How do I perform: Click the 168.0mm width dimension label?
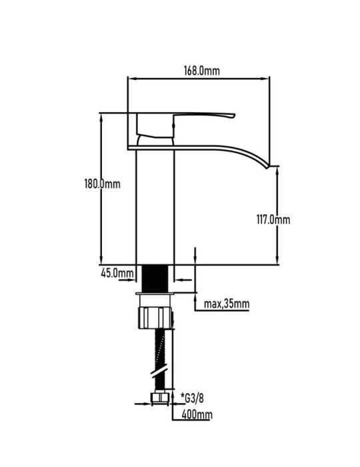pos(202,71)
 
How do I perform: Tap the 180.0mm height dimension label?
pos(103,183)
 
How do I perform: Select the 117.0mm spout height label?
pos(273,219)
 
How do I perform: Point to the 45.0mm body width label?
pos(117,273)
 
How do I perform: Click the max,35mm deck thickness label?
pos(227,304)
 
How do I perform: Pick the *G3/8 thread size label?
pos(192,398)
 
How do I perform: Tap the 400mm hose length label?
pos(197,414)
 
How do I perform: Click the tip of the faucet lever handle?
pos(234,115)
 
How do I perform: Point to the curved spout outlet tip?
pos(268,167)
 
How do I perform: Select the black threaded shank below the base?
pos(155,278)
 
